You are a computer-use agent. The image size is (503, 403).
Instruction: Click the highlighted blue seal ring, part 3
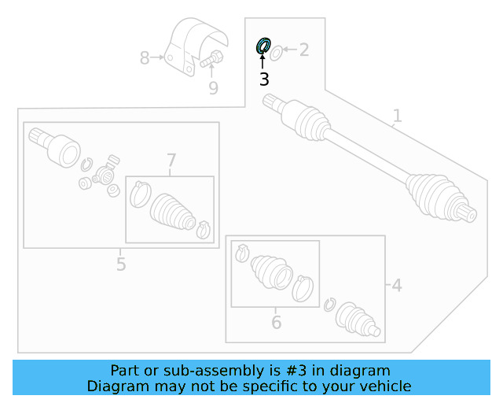point(263,46)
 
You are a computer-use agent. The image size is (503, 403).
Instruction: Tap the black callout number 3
point(264,79)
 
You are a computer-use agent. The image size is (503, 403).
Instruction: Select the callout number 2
point(303,51)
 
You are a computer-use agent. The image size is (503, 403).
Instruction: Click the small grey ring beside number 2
point(276,53)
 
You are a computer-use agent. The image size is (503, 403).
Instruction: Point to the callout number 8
point(145,58)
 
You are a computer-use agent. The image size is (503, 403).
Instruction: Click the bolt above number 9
point(211,58)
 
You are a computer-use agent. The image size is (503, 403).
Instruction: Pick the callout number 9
point(213,88)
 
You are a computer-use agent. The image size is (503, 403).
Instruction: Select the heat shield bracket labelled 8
point(195,47)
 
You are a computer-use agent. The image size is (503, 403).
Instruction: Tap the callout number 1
point(397,116)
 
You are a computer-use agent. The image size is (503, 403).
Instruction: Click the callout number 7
point(171,161)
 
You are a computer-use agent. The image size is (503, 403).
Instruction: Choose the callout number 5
point(120,264)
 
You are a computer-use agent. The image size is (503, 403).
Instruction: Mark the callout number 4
point(396,285)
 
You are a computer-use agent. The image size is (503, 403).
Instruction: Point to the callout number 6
point(276,323)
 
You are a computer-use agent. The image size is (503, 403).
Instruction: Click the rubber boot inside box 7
point(171,211)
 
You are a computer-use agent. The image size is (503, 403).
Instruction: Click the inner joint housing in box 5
point(61,148)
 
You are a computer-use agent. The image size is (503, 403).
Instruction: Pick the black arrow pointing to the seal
point(263,61)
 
